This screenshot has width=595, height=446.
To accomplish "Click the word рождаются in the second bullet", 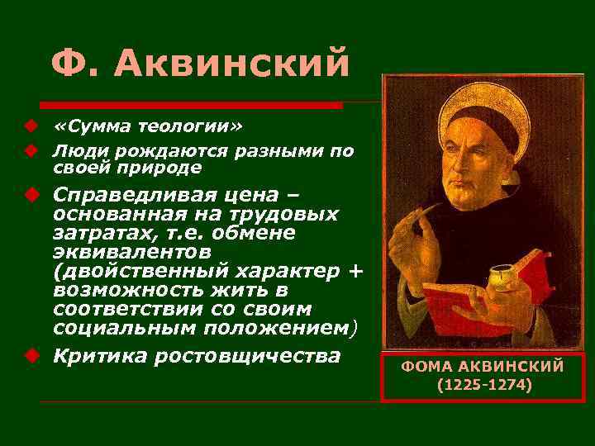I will (x=150, y=151).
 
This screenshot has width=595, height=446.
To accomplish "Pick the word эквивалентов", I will (x=131, y=249).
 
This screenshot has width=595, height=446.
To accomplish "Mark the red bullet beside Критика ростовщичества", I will (x=30, y=356).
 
